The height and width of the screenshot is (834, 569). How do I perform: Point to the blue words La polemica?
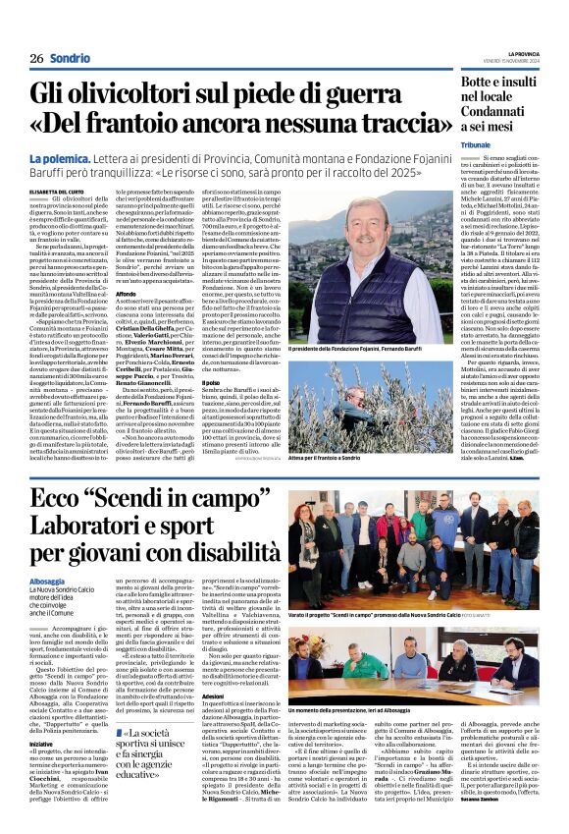point(61,157)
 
